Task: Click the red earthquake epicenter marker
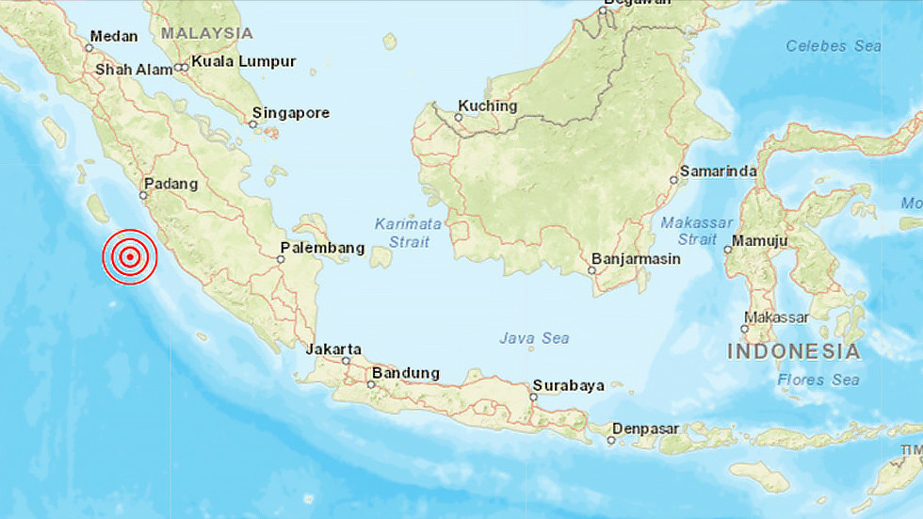coord(130,256)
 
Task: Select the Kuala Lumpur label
coord(243,62)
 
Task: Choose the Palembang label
coord(322,248)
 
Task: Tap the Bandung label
coord(406,373)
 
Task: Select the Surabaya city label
coord(567,385)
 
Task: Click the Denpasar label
coord(646,428)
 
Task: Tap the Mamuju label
coord(761,241)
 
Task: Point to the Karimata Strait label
coord(408,233)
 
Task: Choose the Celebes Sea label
coord(834,45)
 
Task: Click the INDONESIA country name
coord(793,352)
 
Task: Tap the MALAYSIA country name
coord(206,33)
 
